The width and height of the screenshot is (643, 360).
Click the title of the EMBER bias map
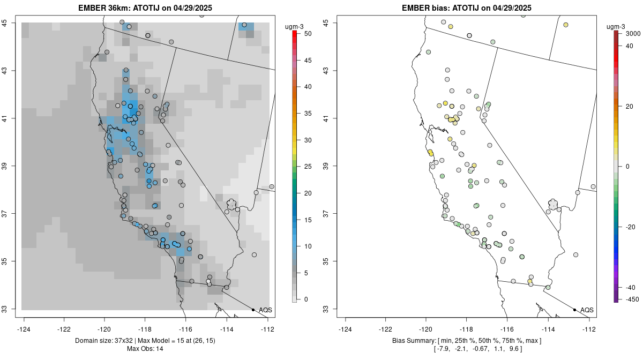click(x=467, y=7)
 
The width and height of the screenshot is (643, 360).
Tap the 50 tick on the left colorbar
click(x=306, y=34)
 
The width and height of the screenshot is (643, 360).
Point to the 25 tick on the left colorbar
click(x=306, y=167)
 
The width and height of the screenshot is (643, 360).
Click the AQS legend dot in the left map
click(x=253, y=310)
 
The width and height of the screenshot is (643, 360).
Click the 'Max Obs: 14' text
click(x=145, y=349)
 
